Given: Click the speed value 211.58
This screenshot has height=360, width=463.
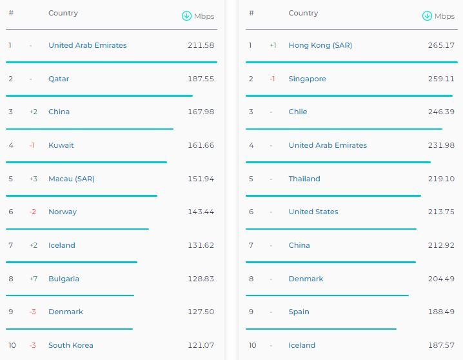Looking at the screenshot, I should click(201, 45).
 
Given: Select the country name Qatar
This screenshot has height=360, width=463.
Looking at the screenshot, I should click(59, 79).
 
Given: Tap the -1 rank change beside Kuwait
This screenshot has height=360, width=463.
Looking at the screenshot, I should click(32, 145).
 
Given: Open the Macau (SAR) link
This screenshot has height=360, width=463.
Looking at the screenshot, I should click(72, 179).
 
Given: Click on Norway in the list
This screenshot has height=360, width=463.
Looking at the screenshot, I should click(63, 212).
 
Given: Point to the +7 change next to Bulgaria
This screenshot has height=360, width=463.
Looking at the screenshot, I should click(33, 279).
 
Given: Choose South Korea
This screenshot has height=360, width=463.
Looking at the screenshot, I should click(71, 345).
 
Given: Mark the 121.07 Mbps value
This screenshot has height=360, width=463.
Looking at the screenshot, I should click(201, 345).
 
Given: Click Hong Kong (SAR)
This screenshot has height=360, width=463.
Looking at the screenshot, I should click(320, 45).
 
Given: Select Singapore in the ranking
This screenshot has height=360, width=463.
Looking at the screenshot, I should click(308, 79).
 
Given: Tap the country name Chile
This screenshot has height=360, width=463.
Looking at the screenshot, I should click(298, 112).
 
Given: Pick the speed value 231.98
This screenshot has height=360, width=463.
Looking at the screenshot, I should click(441, 145).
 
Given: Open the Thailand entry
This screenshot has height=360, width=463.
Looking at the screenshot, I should click(304, 179).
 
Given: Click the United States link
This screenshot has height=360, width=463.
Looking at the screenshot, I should click(313, 212).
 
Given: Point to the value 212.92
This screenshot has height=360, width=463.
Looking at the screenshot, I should click(441, 245).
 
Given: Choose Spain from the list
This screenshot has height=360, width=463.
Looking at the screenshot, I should click(299, 312).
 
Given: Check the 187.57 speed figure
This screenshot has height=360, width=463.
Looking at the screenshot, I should click(441, 345).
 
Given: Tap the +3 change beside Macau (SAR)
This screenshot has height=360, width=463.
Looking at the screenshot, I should click(33, 179).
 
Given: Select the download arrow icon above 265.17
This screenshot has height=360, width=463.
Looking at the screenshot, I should click(427, 16).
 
